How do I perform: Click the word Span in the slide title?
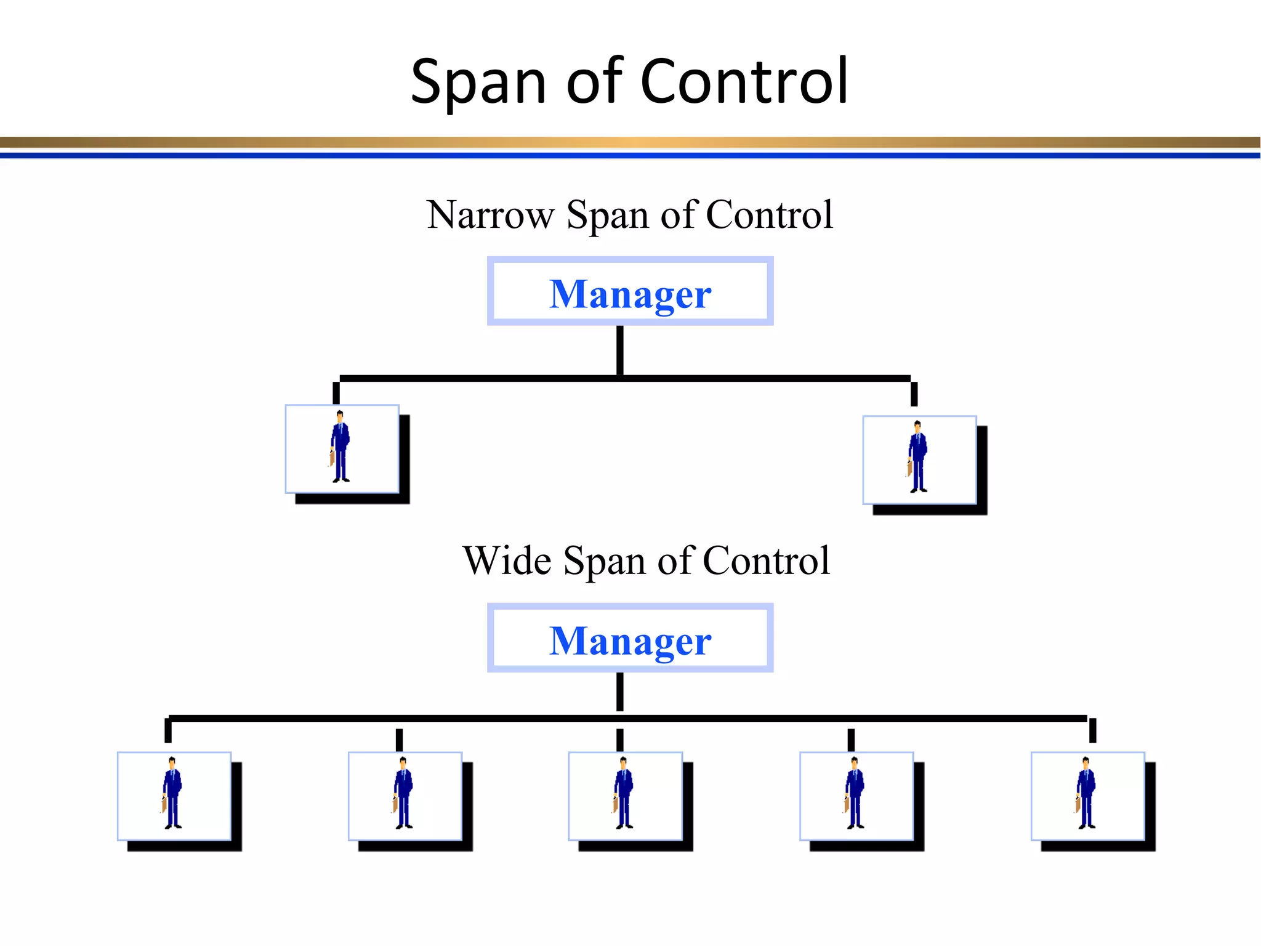tap(478, 82)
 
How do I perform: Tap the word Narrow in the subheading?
tap(490, 215)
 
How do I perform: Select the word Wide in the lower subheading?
tap(507, 561)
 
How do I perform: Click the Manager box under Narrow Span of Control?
tap(630, 291)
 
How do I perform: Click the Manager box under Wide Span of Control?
tap(630, 638)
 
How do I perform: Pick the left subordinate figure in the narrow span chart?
tap(340, 447)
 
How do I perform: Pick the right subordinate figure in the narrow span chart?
tap(918, 458)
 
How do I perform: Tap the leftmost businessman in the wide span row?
tap(172, 794)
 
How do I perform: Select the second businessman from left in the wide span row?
tap(403, 794)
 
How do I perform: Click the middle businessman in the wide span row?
tap(624, 794)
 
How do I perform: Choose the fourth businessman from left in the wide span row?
tap(855, 794)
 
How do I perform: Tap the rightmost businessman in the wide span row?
tap(1086, 794)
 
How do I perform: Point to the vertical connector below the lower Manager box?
tap(619, 691)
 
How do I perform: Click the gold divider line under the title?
tap(630, 143)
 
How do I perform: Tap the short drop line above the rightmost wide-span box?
tap(1092, 730)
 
